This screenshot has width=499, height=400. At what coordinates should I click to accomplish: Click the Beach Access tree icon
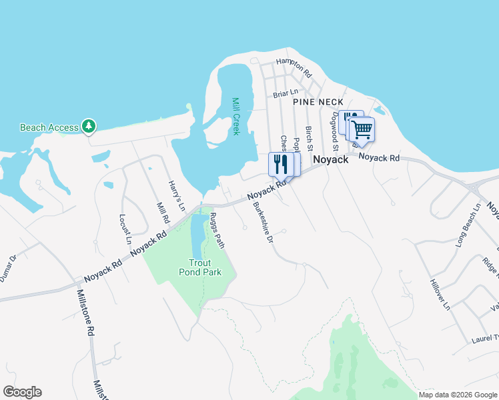click(x=88, y=126)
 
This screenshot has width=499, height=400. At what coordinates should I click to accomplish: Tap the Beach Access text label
click(x=49, y=127)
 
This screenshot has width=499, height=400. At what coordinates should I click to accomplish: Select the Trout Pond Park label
click(x=199, y=267)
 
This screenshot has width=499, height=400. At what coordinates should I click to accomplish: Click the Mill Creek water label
click(x=235, y=116)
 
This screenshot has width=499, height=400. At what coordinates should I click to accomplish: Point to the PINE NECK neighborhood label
click(x=318, y=101)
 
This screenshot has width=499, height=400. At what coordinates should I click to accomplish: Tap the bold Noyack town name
click(x=331, y=160)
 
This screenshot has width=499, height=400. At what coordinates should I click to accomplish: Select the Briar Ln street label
click(x=286, y=94)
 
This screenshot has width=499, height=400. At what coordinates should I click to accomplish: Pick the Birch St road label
click(x=309, y=137)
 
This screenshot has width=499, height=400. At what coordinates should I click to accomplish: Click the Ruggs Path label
click(x=217, y=230)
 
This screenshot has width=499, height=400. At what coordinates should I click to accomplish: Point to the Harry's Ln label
click(x=176, y=195)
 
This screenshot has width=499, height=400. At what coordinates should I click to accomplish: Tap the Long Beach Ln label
click(x=468, y=227)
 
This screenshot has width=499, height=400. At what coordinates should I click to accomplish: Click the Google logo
click(x=22, y=392)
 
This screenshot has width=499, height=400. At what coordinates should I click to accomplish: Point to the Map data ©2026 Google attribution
click(x=458, y=395)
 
